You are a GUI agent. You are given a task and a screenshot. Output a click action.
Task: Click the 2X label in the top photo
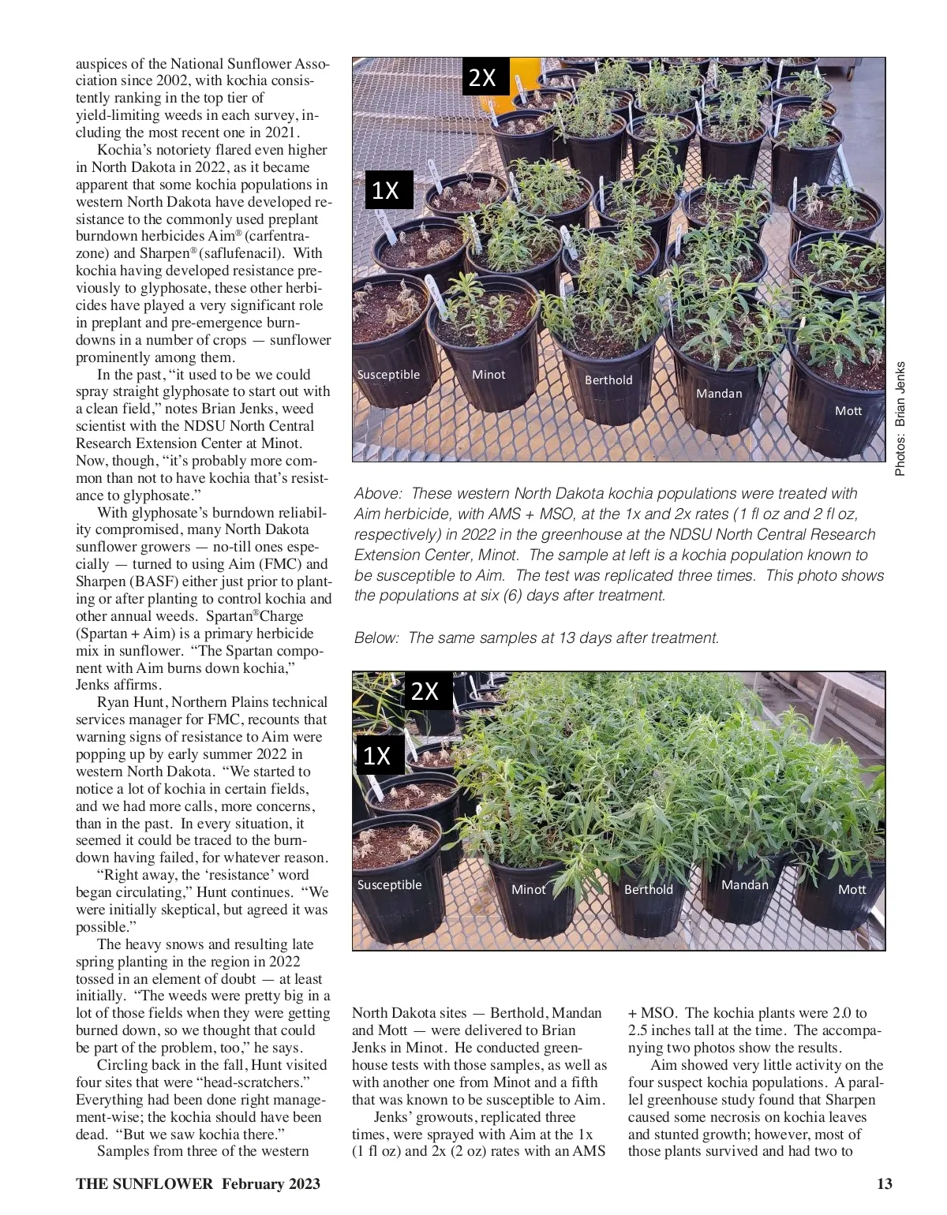click(x=483, y=77)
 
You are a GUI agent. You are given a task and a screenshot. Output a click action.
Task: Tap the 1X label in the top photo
click(x=386, y=190)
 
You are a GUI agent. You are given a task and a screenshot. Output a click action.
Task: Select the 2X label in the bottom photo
click(x=425, y=691)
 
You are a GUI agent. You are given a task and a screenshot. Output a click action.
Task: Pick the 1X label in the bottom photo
click(x=377, y=755)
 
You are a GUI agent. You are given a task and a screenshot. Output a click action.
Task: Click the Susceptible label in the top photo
click(x=388, y=374)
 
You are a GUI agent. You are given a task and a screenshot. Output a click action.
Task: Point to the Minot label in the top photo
click(x=488, y=374)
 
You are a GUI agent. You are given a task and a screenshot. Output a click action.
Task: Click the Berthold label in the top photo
click(x=608, y=379)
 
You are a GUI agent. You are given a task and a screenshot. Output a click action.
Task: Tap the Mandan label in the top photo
click(x=719, y=393)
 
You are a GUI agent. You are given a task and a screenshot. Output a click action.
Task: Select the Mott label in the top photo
click(x=848, y=410)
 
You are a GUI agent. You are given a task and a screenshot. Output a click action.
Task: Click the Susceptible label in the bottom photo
click(x=389, y=884)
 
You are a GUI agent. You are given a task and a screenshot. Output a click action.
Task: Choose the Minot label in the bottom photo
click(x=528, y=889)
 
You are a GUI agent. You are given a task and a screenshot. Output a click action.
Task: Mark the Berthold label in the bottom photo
click(x=649, y=889)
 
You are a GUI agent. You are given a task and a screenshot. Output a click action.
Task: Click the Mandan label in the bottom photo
click(x=744, y=884)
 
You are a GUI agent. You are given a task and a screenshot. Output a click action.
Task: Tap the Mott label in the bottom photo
click(x=852, y=889)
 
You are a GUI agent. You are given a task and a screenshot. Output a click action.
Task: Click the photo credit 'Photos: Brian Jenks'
click(x=901, y=418)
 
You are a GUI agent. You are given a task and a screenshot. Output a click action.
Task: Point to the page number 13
click(x=885, y=1183)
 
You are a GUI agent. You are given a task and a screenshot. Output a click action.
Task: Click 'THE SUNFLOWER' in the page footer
click(x=144, y=1183)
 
